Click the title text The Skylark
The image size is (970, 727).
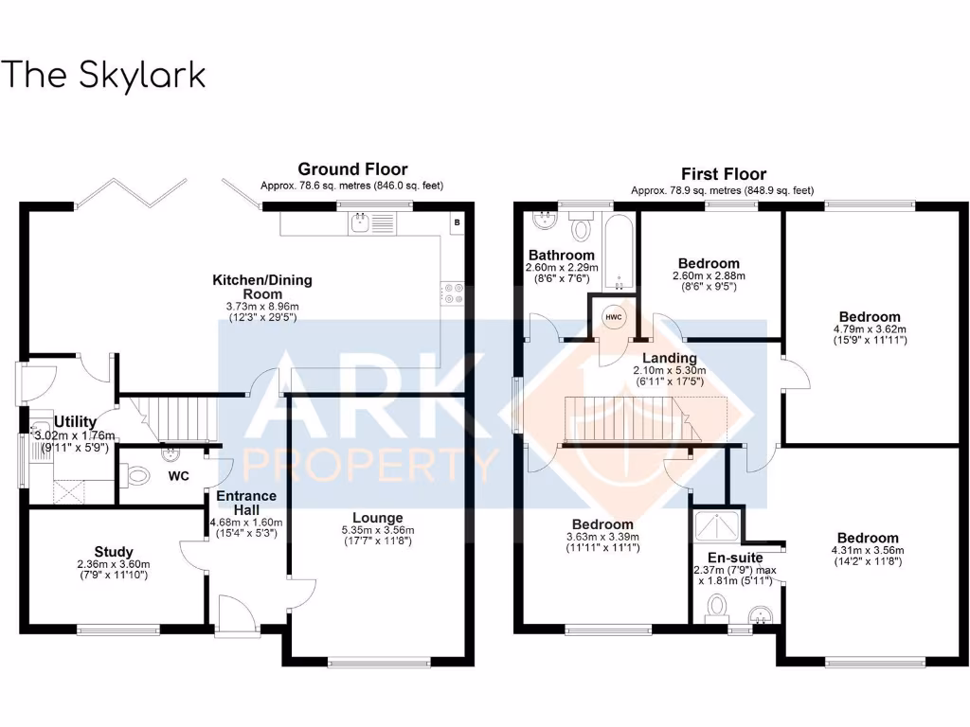pyautogui.click(x=103, y=75)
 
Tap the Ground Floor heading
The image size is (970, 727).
pyautogui.click(x=352, y=170)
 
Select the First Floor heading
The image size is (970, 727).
pyautogui.click(x=724, y=173)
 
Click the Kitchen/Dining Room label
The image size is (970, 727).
pyautogui.click(x=261, y=287)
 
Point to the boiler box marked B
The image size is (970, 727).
pyautogui.click(x=458, y=222)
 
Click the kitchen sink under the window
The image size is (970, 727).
pyautogui.click(x=361, y=223)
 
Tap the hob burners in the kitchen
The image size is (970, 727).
pyautogui.click(x=452, y=294)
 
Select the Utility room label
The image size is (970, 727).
pyautogui.click(x=73, y=421)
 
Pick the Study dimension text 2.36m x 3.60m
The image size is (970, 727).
pyautogui.click(x=114, y=565)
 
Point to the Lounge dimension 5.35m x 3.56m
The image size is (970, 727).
pyautogui.click(x=378, y=530)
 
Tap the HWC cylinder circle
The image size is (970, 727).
pyautogui.click(x=612, y=317)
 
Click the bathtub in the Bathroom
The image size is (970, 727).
pyautogui.click(x=619, y=254)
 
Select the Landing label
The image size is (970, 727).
pyautogui.click(x=672, y=358)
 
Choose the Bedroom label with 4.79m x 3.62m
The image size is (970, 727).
pyautogui.click(x=870, y=316)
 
